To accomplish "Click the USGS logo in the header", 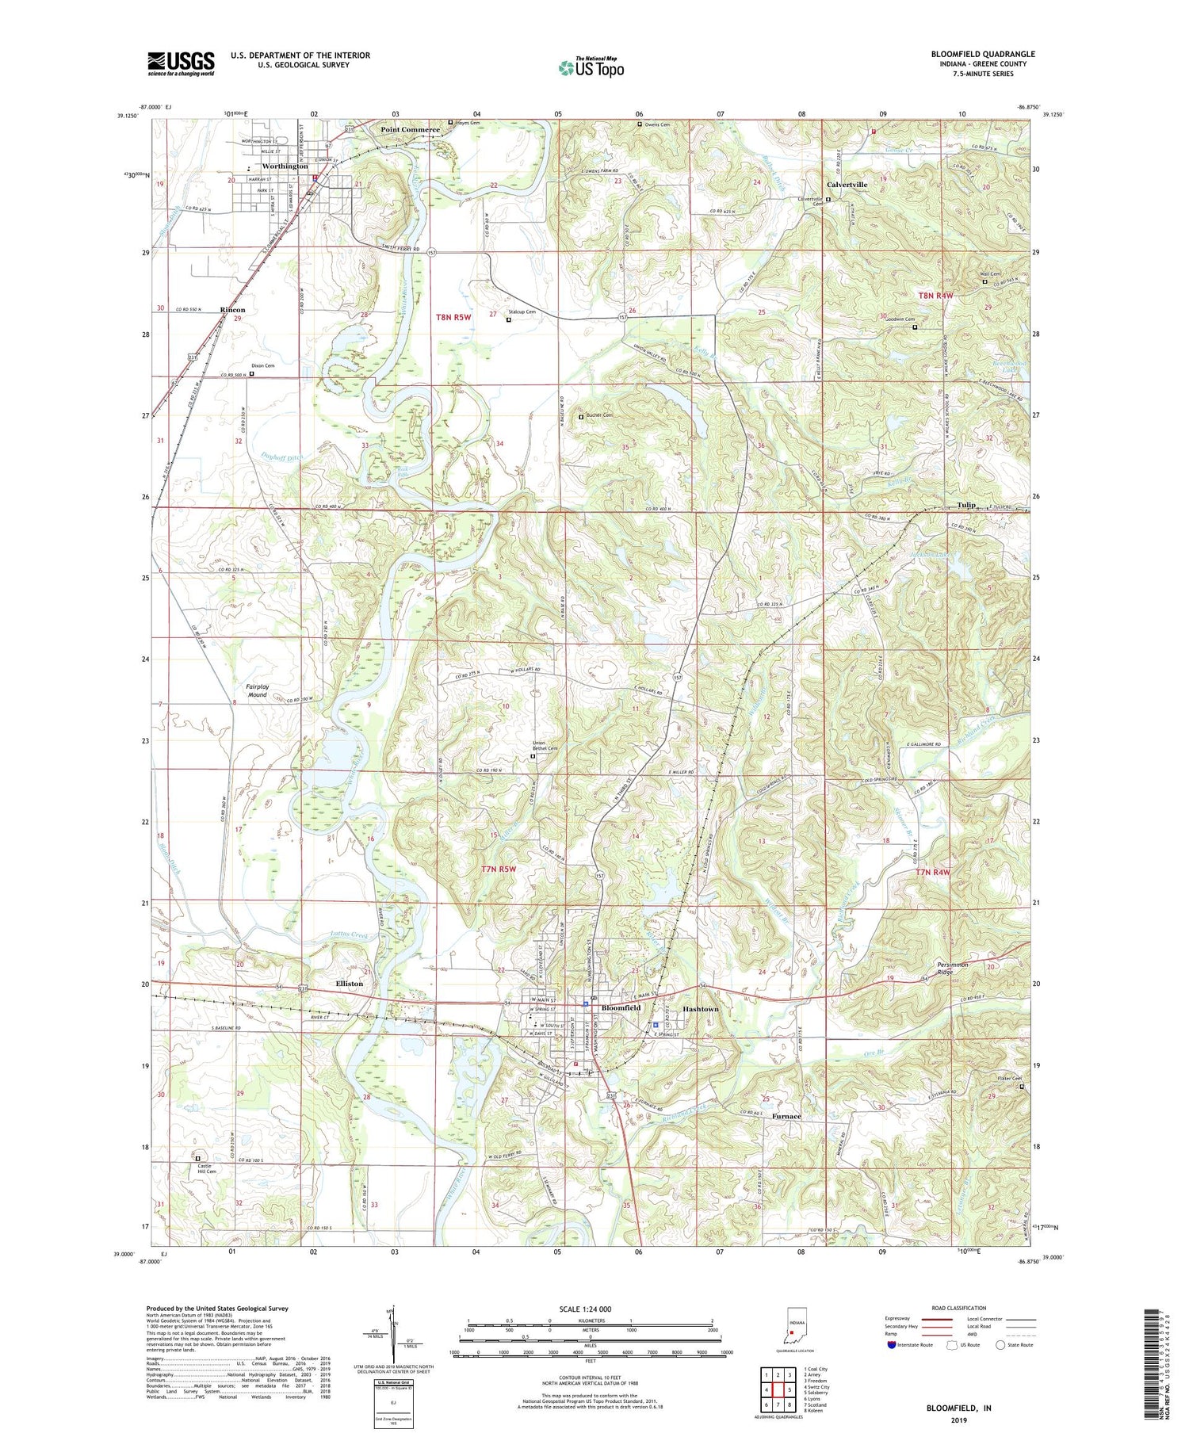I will [x=181, y=63].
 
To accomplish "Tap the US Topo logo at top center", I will [x=591, y=67].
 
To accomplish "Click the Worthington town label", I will [x=285, y=166].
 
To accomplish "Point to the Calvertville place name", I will [x=847, y=185].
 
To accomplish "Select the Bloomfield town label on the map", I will [x=621, y=1007].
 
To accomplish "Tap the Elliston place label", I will [x=349, y=984].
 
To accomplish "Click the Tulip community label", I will [x=965, y=505].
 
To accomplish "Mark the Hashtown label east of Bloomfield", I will [x=701, y=1009].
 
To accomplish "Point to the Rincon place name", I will [x=232, y=310].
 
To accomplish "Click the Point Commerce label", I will [x=410, y=129].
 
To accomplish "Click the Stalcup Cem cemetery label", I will [x=522, y=312].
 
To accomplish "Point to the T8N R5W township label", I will [x=453, y=317].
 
